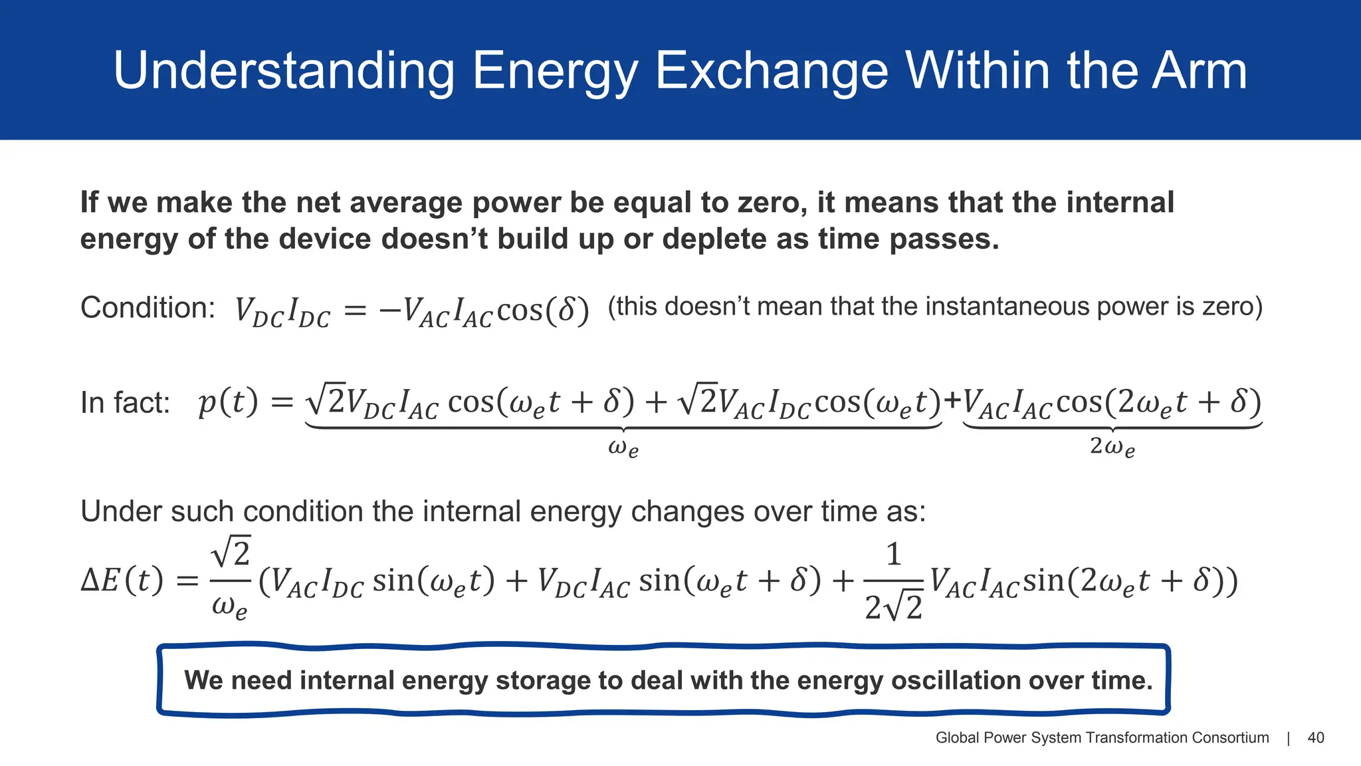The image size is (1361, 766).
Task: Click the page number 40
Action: click(x=1315, y=737)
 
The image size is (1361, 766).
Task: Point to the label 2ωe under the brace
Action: click(x=1112, y=446)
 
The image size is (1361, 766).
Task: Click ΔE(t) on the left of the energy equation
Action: click(x=122, y=580)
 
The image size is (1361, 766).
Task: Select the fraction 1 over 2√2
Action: click(x=893, y=580)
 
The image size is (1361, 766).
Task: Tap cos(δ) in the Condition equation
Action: click(x=542, y=310)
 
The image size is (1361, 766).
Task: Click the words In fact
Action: click(x=125, y=403)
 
